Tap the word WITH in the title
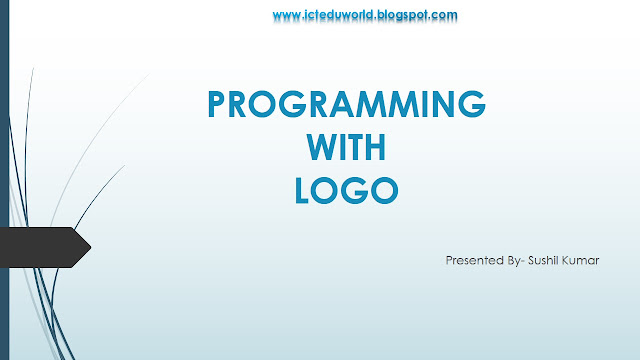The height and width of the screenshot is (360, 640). pos(345,147)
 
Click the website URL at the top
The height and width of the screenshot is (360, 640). pos(365,15)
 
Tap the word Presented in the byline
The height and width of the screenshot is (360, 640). pos(473,260)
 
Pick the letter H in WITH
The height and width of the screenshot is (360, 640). pos(376,147)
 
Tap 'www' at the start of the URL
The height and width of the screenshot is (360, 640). pos(286,15)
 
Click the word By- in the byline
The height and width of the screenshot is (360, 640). pos(510,260)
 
